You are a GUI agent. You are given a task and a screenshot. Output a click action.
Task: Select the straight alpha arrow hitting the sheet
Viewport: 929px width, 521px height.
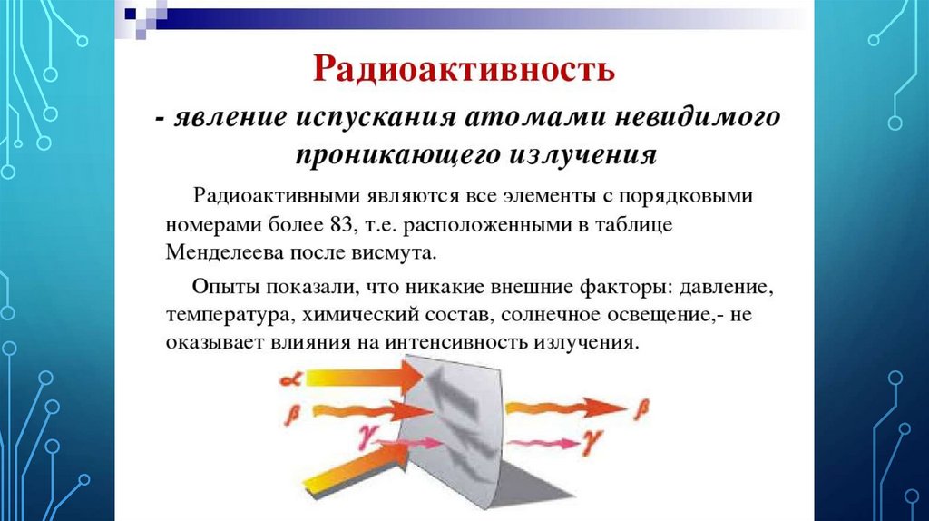349,373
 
